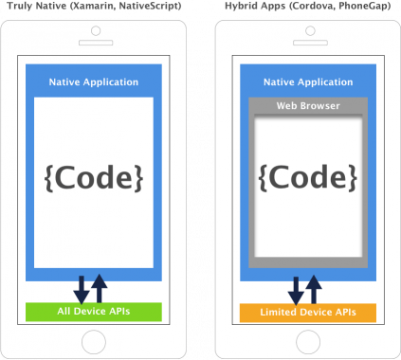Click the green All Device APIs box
94,312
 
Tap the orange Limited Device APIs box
307,312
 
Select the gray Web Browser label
307,105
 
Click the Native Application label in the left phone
94,82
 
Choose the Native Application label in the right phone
307,82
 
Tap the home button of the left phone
94,341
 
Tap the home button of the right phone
307,341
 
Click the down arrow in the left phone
82,286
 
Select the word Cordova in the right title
304,7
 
